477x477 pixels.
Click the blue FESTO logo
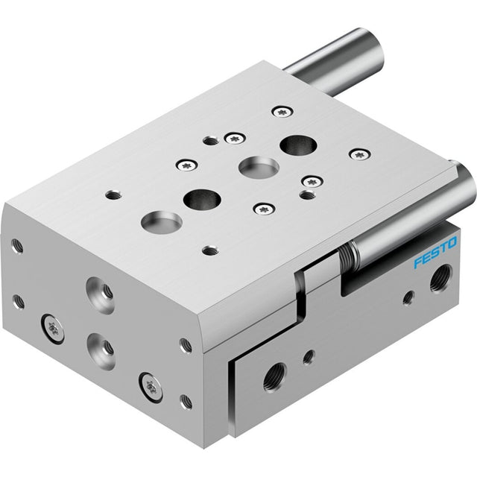click(435, 252)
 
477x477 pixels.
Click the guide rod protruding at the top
click(334, 62)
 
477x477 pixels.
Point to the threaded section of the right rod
click(346, 256)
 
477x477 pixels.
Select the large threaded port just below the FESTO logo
click(440, 279)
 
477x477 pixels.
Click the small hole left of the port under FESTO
click(408, 297)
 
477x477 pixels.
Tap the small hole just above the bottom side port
click(309, 357)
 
